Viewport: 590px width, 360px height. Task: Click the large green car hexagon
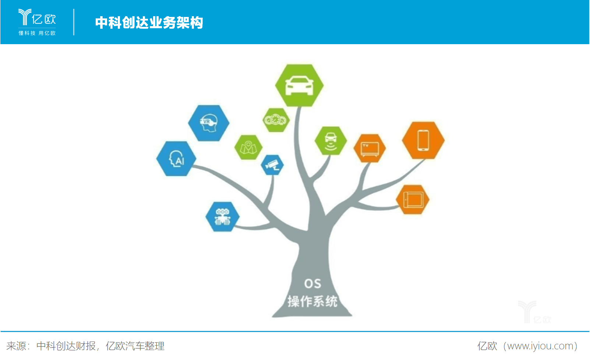point(299,85)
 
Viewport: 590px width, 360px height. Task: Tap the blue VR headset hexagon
point(209,123)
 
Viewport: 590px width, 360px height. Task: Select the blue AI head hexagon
point(176,159)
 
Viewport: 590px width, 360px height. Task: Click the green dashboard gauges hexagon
point(276,120)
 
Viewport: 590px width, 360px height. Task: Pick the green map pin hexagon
point(248,147)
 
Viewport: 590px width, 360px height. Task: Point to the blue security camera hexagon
point(272,165)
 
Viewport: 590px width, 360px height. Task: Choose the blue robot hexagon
point(222,216)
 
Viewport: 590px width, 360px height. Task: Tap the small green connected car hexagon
point(331,141)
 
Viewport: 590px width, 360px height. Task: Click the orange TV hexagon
point(370,148)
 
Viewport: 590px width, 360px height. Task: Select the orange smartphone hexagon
point(423,140)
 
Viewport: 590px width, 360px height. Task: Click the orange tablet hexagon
point(413,200)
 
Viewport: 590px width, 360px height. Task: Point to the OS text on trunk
point(312,283)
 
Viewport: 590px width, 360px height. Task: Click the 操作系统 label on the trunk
point(312,301)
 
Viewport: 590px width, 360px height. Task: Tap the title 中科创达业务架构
point(149,23)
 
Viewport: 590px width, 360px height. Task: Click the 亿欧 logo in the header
point(37,18)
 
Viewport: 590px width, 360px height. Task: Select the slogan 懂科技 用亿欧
point(37,33)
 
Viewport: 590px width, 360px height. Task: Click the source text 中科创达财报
point(66,346)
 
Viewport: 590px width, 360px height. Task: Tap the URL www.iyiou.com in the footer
point(540,346)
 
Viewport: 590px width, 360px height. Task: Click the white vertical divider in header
point(74,22)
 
